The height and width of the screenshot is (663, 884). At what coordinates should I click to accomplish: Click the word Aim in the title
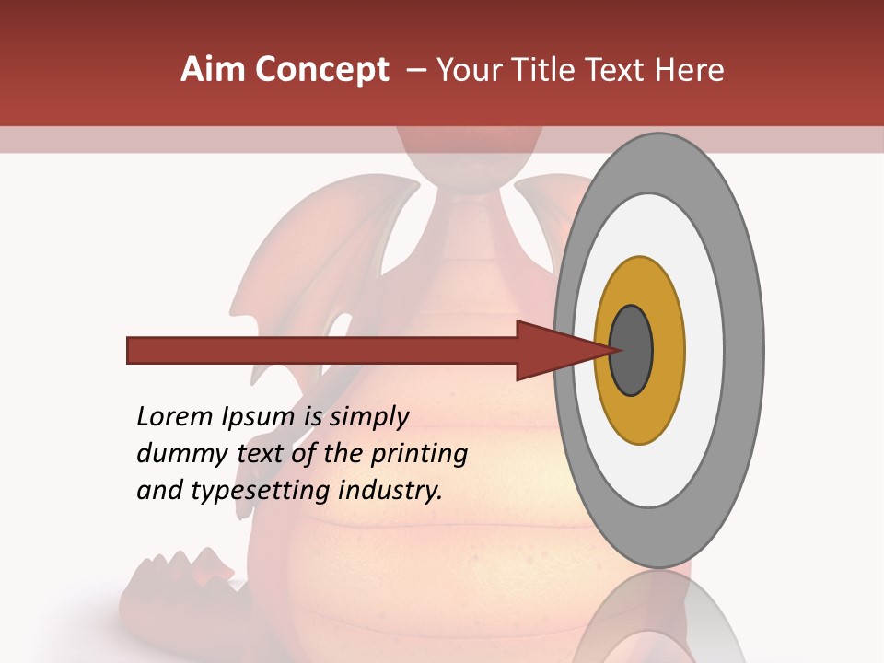pyautogui.click(x=214, y=70)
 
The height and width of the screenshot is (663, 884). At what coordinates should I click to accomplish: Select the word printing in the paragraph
pyautogui.click(x=419, y=454)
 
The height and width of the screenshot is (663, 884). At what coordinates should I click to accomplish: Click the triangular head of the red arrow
pyautogui.click(x=552, y=351)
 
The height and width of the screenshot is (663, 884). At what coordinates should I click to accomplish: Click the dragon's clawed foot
pyautogui.click(x=175, y=580)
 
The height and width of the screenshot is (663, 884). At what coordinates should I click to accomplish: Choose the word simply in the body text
pyautogui.click(x=368, y=417)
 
